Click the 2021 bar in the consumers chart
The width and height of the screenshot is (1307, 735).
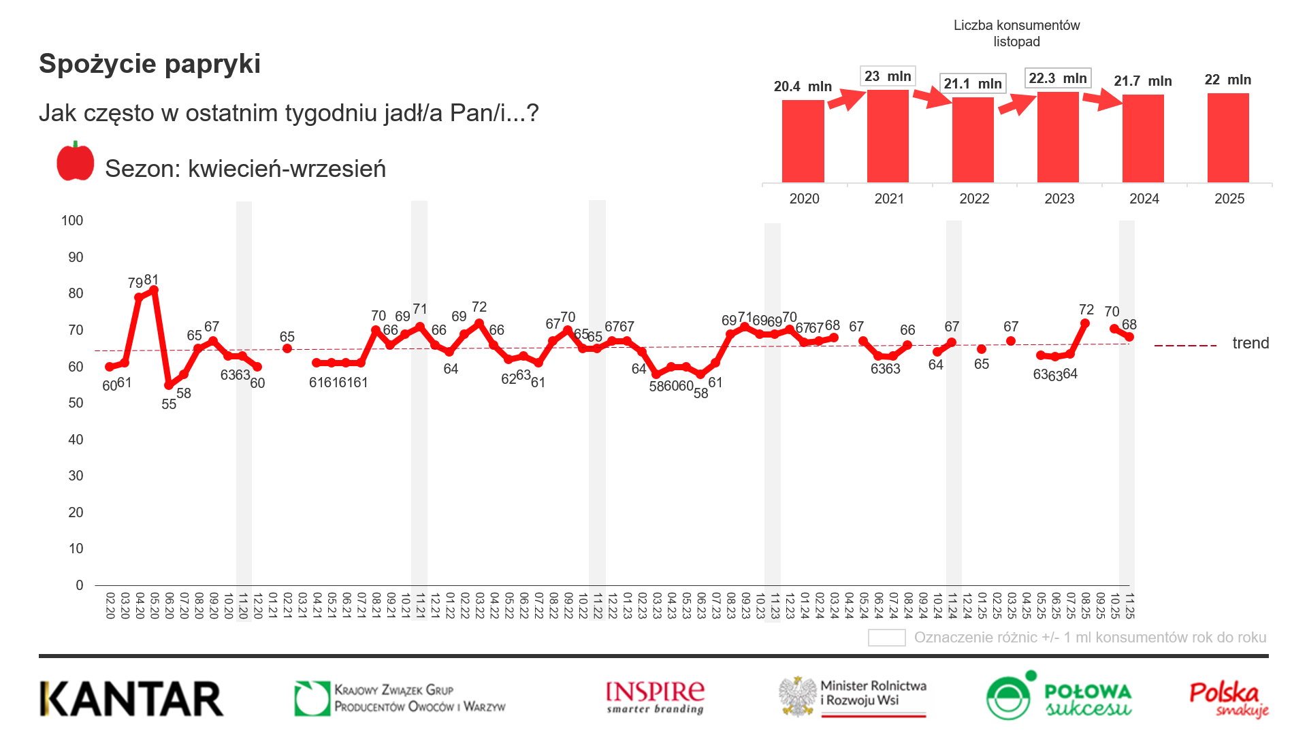[x=888, y=136]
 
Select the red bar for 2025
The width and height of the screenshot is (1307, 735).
[x=1228, y=138]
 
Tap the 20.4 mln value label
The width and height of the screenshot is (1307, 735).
[x=803, y=86]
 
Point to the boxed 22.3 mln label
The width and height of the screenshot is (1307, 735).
[x=1057, y=78]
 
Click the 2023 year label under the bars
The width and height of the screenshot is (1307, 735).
[x=1059, y=199]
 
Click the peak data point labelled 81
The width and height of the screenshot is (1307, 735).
[x=154, y=290]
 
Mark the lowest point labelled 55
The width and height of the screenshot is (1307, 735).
[x=169, y=385]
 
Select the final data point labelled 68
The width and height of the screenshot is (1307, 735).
[x=1129, y=337]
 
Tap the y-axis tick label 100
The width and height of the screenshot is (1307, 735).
[x=72, y=220]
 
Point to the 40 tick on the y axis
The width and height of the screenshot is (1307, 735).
[x=76, y=440]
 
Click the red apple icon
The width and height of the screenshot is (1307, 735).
[x=76, y=162]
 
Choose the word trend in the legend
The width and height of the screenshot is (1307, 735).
[x=1250, y=343]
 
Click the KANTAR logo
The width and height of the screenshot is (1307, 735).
[x=131, y=699]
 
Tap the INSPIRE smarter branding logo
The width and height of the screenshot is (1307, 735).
[x=655, y=698]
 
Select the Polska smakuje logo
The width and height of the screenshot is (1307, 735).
[x=1229, y=699]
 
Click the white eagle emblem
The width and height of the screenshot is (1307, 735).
[x=798, y=696]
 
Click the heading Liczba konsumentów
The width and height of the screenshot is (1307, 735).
[x=1016, y=25]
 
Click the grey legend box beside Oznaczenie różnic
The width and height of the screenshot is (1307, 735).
[x=886, y=638]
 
